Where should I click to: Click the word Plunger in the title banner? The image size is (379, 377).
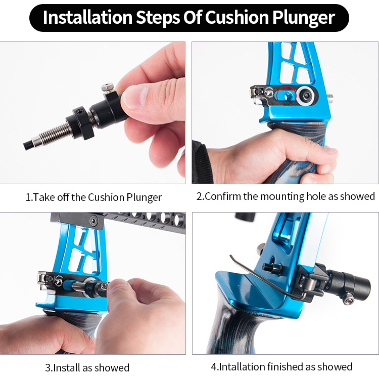pyautogui.click(x=304, y=18)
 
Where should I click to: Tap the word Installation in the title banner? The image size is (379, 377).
pyautogui.click(x=87, y=17)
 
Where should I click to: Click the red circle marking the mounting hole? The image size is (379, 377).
pyautogui.click(x=287, y=96)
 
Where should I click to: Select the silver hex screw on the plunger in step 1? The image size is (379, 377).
pyautogui.click(x=108, y=87)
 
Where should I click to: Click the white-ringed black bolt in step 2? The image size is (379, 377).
pyautogui.click(x=306, y=96)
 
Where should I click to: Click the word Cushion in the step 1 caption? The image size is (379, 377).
pyautogui.click(x=106, y=197)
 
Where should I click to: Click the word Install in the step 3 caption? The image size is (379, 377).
pyautogui.click(x=67, y=367)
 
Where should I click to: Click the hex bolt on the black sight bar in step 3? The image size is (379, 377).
pyautogui.click(x=93, y=220)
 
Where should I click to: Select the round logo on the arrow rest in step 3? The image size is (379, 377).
pyautogui.click(x=59, y=281)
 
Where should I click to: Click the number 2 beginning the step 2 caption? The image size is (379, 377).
pyautogui.click(x=199, y=196)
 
